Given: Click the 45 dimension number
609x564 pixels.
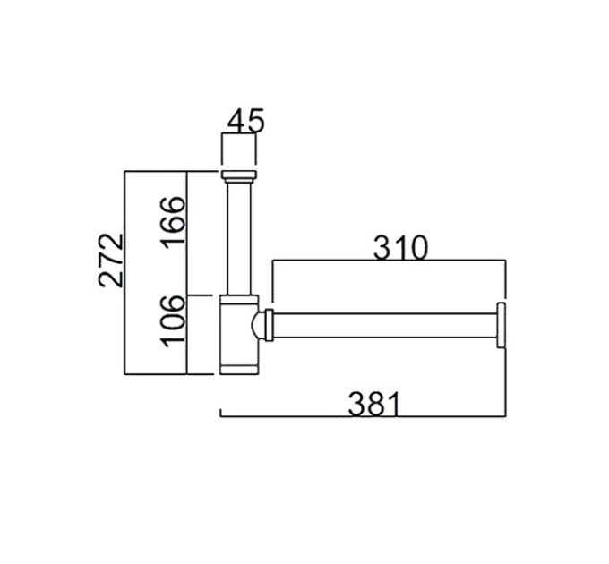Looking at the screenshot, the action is [245, 121].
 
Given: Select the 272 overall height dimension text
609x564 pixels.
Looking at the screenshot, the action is [111, 261].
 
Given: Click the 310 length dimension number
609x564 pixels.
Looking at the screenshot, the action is [400, 247].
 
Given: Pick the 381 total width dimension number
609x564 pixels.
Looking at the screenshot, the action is [373, 404].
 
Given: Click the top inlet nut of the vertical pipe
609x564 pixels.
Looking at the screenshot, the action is [239, 175].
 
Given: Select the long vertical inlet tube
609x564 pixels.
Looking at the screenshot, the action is [239, 239].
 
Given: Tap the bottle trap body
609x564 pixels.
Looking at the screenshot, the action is [239, 335].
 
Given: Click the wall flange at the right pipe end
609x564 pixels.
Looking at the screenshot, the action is [501, 325].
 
